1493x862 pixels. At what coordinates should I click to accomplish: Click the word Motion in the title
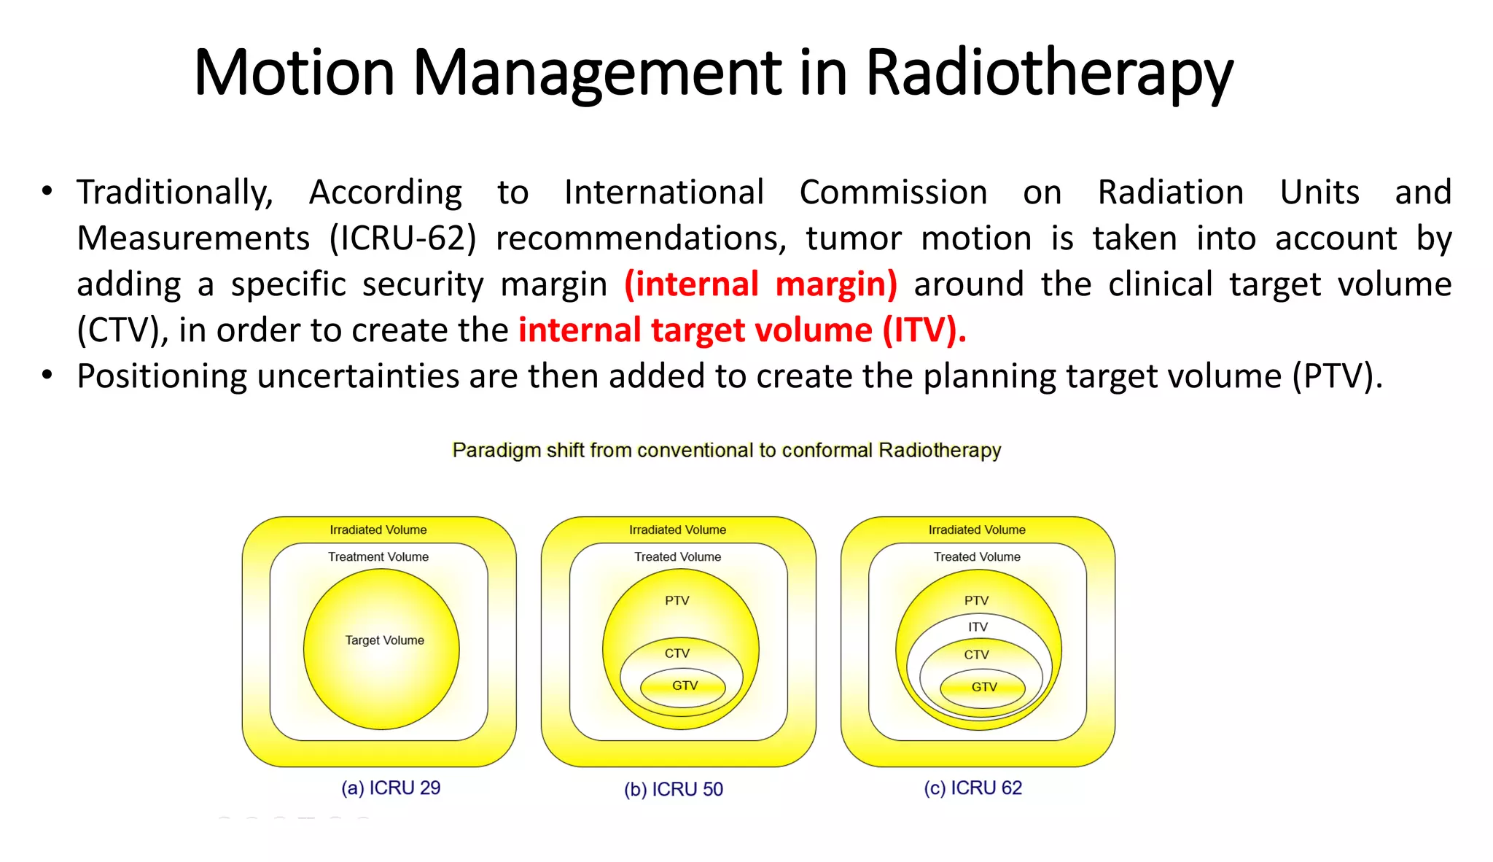click(294, 73)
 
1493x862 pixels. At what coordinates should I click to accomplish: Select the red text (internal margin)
click(760, 284)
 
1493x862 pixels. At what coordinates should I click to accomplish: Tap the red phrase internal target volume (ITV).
click(742, 330)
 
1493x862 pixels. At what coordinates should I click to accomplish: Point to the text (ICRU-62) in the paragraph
click(402, 238)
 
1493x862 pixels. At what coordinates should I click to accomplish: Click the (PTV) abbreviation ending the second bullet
click(1336, 376)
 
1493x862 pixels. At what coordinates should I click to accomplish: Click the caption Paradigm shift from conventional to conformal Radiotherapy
click(726, 450)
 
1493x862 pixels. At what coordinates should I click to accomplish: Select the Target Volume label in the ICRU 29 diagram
click(384, 640)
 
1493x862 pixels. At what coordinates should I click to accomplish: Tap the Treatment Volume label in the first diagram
click(378, 556)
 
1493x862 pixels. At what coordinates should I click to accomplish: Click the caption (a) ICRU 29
click(391, 788)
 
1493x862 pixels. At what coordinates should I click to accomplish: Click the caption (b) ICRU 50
click(674, 789)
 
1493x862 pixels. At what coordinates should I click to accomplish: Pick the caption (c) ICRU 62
click(972, 788)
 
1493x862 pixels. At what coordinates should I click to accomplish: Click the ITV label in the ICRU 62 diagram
click(978, 627)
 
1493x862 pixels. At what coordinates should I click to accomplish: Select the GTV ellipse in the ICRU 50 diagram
click(684, 686)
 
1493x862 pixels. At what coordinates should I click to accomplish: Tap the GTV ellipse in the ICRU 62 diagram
click(983, 688)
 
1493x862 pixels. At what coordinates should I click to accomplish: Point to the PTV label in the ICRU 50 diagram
click(677, 600)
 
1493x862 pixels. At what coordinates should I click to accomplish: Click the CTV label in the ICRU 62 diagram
click(976, 655)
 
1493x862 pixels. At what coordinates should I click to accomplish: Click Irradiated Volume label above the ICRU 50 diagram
click(677, 529)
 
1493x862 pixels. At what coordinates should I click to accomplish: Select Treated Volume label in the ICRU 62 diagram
click(977, 556)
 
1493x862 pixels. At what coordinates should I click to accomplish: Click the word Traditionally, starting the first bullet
click(175, 193)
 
